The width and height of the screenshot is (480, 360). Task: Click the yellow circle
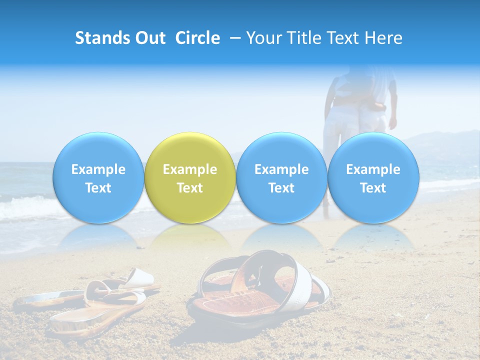click(x=190, y=178)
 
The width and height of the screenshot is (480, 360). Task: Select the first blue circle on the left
click(x=98, y=178)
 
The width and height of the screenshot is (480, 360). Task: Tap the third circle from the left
click(x=281, y=178)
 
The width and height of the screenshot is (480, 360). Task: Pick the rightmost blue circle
click(x=373, y=178)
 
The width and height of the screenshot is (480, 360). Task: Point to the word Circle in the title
click(x=197, y=38)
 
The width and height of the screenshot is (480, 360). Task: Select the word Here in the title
click(x=384, y=38)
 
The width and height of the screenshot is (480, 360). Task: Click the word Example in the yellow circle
click(x=190, y=169)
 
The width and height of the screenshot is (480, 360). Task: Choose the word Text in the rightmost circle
click(x=373, y=188)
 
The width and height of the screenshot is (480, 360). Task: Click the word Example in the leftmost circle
click(x=98, y=169)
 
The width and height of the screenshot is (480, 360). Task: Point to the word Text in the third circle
click(x=281, y=188)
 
